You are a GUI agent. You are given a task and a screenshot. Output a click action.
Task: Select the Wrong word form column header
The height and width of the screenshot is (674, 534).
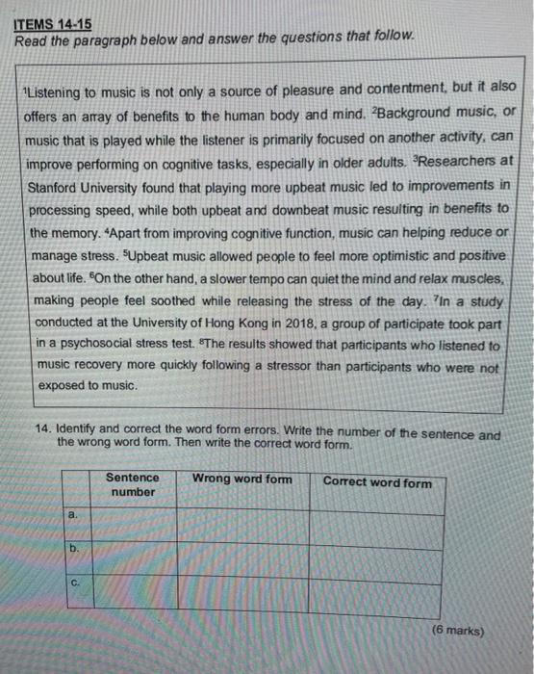coord(242,479)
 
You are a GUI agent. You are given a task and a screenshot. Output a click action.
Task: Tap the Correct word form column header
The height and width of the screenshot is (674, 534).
coord(378,482)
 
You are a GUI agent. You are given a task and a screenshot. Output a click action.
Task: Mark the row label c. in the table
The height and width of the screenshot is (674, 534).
coord(75,582)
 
